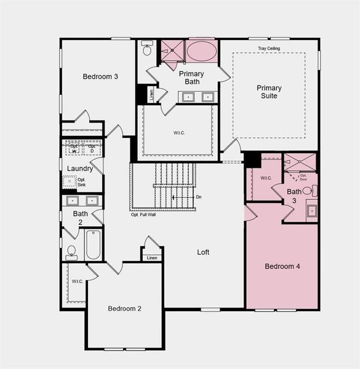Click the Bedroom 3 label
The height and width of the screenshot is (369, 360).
point(100,76)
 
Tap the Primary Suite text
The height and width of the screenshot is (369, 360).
point(269,92)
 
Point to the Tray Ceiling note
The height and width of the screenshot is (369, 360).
point(269,48)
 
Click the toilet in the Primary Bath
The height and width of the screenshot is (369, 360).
point(147,49)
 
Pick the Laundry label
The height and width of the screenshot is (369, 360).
point(80,169)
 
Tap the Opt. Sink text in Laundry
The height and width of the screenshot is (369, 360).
point(81,182)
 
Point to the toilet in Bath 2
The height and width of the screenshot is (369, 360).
point(71,252)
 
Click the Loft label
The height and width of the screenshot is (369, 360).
point(203,252)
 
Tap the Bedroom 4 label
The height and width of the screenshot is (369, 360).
point(282,266)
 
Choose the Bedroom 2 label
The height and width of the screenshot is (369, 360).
point(125,308)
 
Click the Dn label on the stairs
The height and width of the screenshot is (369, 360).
point(198,197)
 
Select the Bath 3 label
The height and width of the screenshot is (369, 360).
point(295,196)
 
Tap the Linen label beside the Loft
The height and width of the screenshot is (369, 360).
point(152,258)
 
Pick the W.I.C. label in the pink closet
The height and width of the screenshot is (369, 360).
point(266,178)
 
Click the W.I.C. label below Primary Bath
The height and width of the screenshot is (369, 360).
point(177,131)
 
